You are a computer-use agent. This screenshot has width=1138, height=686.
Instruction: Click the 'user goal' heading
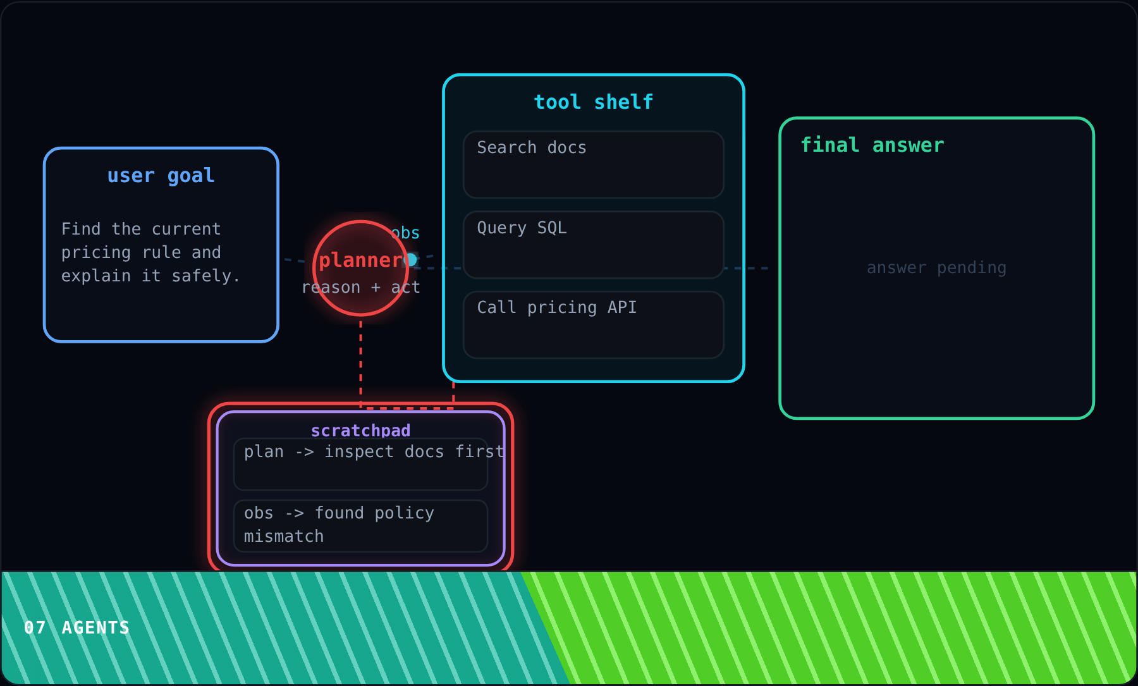coord(161,175)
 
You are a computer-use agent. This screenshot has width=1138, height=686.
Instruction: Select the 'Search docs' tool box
coord(594,164)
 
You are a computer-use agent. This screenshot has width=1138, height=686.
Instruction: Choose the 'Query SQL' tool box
coord(594,245)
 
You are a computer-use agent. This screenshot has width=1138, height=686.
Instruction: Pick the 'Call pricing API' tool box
coord(594,325)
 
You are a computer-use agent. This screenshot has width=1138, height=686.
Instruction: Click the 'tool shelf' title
coord(594,102)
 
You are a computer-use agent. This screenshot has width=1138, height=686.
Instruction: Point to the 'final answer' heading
coord(872,145)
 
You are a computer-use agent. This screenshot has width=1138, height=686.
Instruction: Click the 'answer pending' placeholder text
coord(936,268)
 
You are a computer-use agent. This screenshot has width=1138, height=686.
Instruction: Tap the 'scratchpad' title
coord(360,431)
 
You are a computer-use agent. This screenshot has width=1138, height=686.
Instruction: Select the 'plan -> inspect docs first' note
coord(360,464)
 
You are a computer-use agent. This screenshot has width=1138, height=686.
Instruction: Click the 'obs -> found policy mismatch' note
coord(360,526)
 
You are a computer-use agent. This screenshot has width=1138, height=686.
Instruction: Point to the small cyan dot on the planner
coord(410,259)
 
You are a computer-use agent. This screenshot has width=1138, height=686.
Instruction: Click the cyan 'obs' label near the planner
coord(405,233)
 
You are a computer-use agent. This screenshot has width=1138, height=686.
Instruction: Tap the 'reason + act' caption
coord(361,287)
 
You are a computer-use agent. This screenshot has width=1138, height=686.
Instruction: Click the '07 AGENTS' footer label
coord(76,627)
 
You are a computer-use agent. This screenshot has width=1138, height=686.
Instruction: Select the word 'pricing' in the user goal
coord(96,252)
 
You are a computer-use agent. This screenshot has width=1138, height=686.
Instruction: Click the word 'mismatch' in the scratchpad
coord(284,536)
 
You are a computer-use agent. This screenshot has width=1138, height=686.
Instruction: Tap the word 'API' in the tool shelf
coord(622,307)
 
